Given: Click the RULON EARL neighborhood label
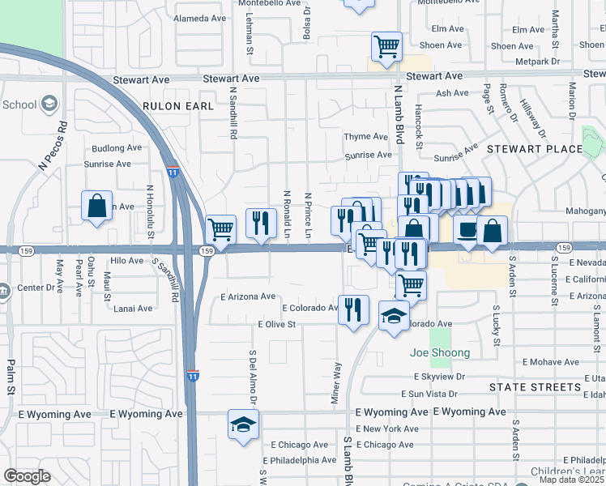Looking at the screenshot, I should coord(178,106).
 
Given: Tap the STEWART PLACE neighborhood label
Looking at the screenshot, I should coord(534,149).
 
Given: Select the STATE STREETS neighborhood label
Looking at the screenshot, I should coord(535,387).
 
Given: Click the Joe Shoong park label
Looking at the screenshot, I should coord(440,352).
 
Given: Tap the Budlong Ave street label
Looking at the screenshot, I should coord(117,148).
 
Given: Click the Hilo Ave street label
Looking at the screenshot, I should coord(126,260).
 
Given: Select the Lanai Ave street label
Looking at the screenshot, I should coord(133,309).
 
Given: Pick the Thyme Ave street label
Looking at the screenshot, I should coord(367,136).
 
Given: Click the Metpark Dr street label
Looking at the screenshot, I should coord(538,61).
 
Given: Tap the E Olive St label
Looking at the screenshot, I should coord(277,324).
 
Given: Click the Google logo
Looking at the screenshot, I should coord(27,475).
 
